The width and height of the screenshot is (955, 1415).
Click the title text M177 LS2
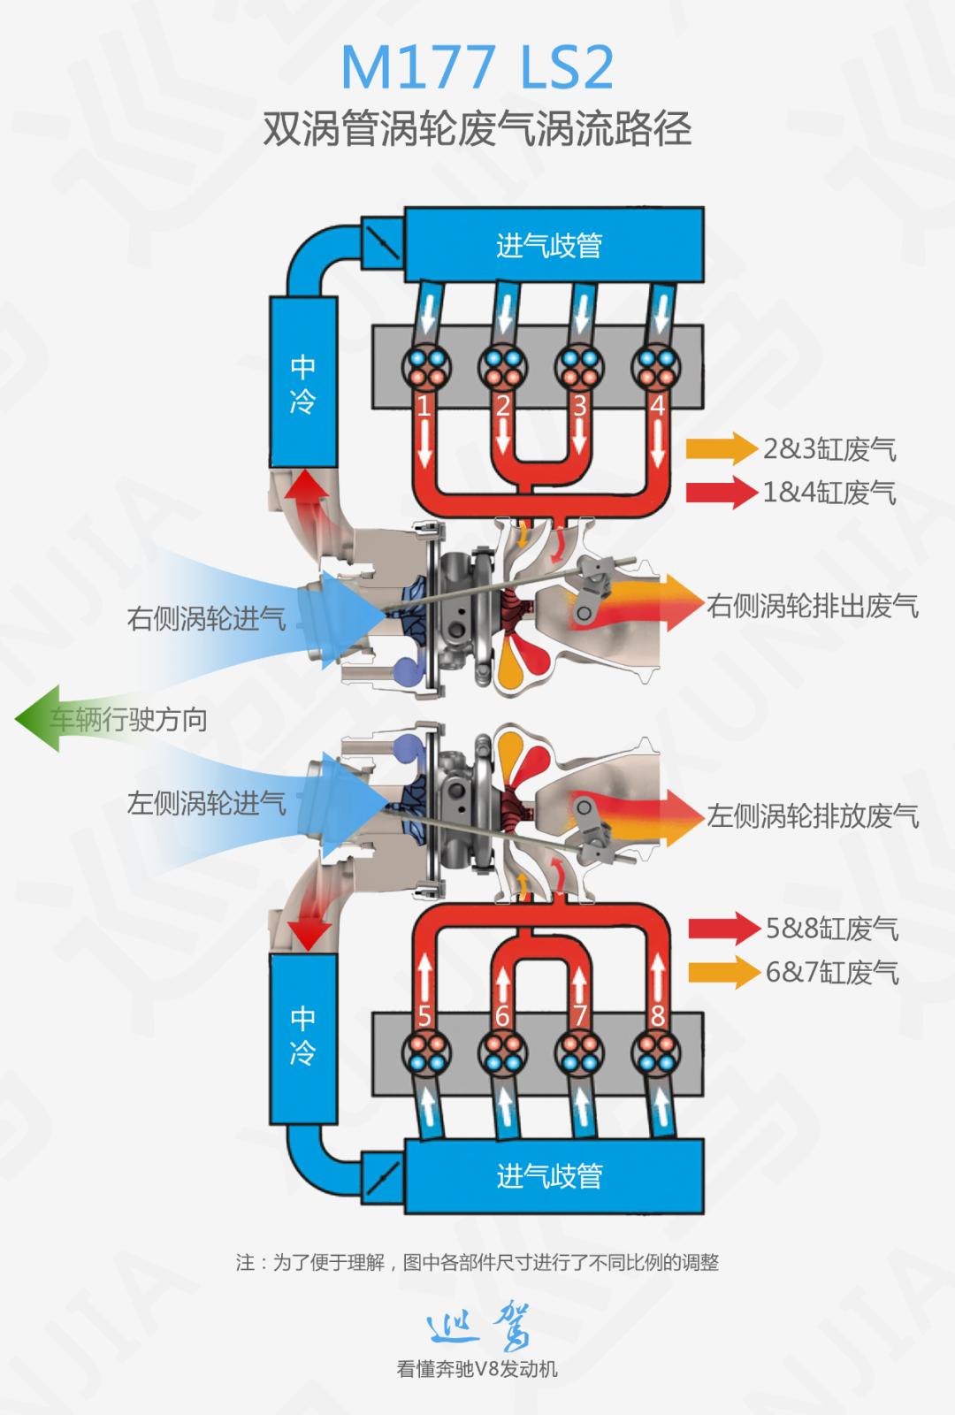pos(477,68)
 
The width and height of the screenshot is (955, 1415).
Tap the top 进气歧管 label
pos(549,245)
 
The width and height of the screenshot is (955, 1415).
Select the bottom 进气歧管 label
pos(549,1175)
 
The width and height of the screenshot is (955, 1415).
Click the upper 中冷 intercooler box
pos(303,382)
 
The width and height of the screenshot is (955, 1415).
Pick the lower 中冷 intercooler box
pos(303,1035)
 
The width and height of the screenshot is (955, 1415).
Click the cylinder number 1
pos(424,407)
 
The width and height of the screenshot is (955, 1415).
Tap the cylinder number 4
pos(657,407)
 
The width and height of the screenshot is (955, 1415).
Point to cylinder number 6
pos(502,1015)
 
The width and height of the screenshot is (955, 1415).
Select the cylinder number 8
pos(657,1015)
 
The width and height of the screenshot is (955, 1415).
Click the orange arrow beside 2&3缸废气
pos(722,449)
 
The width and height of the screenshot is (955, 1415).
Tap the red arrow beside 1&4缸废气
pos(722,493)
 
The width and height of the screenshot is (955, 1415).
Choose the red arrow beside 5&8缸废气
pos(723,929)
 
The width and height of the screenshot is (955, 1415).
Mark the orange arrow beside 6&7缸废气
pos(723,973)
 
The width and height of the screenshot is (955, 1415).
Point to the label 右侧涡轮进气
pos(206,618)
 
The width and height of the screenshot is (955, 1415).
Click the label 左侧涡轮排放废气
pos(813,815)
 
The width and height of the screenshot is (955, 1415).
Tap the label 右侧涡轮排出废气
pos(813,607)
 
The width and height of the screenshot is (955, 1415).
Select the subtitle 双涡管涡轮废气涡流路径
pos(477,130)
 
